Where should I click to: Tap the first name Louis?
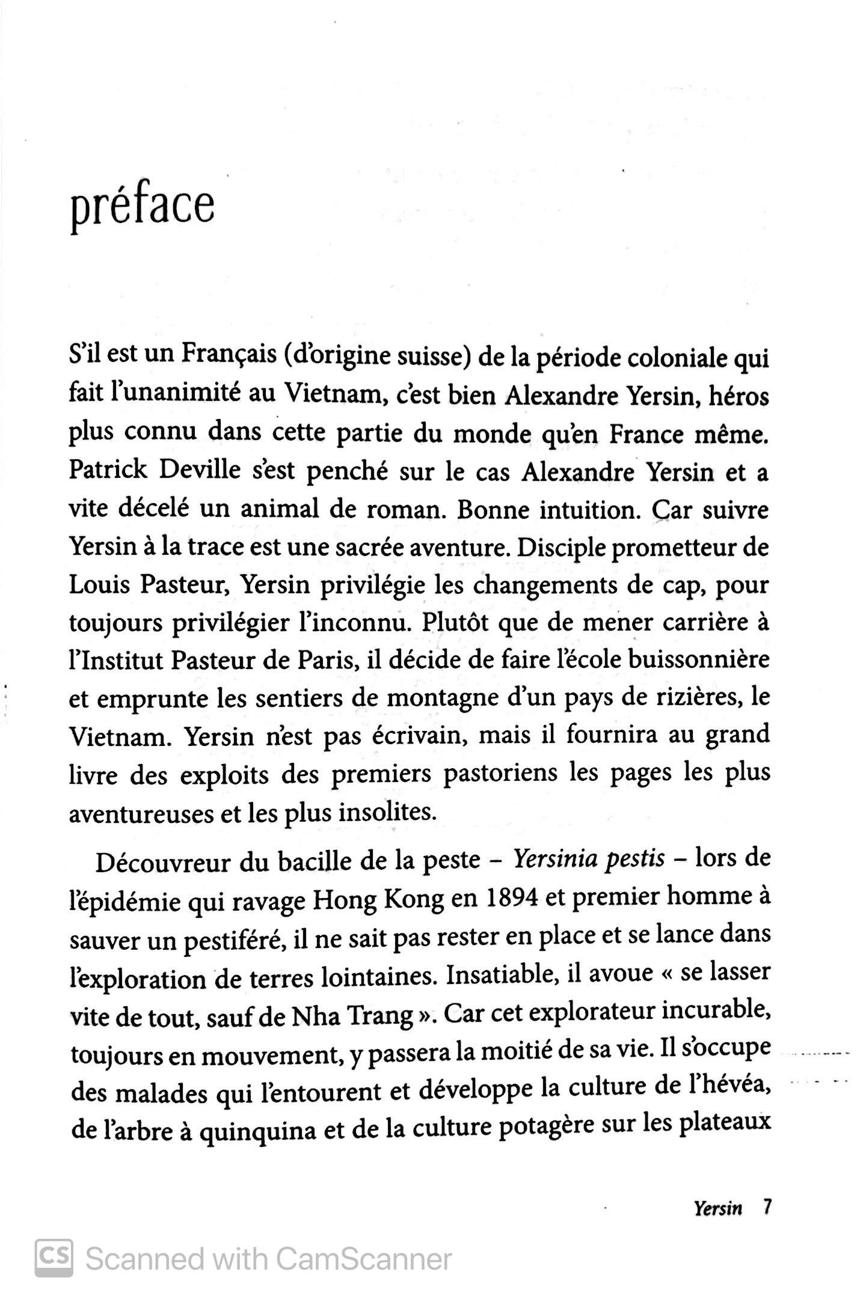pos(99,584)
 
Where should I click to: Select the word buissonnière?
pos(699,659)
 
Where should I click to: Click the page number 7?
pos(766,1206)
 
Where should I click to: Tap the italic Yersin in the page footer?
pos(718,1208)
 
